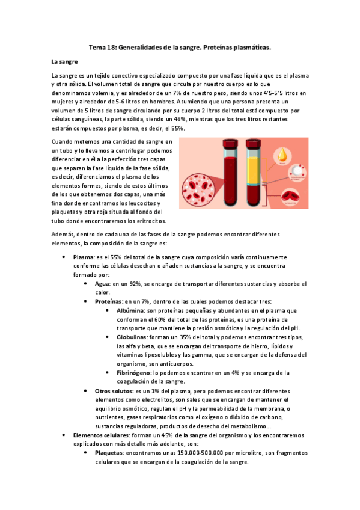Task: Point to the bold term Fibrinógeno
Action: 136,373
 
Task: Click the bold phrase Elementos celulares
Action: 99,435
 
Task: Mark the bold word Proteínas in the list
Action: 110,301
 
